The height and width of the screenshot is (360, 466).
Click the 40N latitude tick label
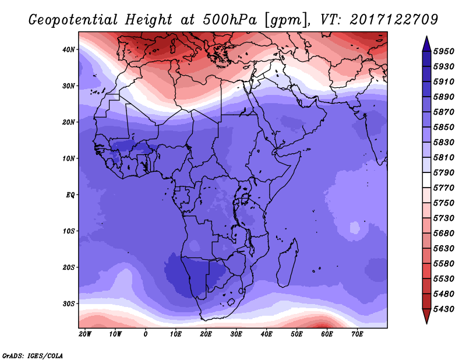pos(68,50)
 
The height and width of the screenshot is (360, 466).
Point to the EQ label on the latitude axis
pos(70,195)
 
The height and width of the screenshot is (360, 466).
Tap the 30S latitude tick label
pos(69,304)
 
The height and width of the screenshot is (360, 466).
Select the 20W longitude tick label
pos(85,334)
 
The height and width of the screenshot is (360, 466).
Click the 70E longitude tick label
pos(357,334)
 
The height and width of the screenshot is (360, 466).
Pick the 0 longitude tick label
pos(145,334)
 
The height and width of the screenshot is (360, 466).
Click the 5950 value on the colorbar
pos(444,51)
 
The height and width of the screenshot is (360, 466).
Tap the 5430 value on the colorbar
pos(444,309)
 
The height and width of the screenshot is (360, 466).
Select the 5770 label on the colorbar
pos(444,188)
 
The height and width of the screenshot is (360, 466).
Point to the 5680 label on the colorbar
pos(444,234)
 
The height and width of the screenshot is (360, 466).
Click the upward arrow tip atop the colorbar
pos(426,36)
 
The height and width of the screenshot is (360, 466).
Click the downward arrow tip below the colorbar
pos(426,323)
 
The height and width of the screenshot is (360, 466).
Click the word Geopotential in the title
pos(73,20)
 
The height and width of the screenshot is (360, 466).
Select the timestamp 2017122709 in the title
pos(394,20)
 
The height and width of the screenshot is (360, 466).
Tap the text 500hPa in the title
pos(230,20)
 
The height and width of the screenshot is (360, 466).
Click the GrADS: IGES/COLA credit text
pos(33,356)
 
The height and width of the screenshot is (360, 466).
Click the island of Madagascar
pos(288,263)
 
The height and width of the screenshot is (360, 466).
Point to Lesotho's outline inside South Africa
pos(231,302)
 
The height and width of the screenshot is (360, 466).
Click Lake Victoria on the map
pos(245,198)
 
